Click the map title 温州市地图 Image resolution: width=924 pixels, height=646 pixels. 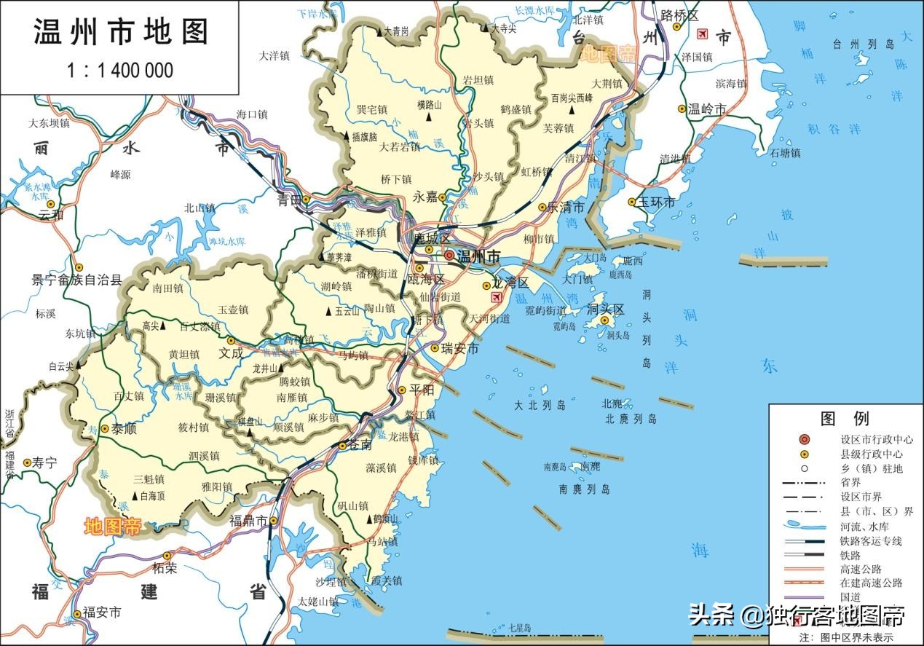coord(121,32)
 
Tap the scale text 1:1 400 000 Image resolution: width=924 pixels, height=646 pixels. coord(120,71)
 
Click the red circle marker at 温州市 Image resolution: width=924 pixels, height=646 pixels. coord(449,255)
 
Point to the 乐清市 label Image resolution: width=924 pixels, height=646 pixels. coord(566,208)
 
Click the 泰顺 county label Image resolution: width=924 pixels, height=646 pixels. coord(128,429)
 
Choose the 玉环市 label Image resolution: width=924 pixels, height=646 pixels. coord(656,202)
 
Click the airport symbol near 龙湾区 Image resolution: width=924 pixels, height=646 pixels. coord(497,297)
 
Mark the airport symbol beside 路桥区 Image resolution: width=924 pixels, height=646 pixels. coord(702,34)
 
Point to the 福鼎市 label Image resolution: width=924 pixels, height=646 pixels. coord(248,521)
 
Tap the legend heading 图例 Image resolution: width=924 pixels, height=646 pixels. coord(845,419)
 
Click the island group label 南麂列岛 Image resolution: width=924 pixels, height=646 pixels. coord(585,489)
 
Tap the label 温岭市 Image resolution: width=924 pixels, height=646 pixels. coord(707,109)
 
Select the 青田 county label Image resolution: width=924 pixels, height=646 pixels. coord(288,200)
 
